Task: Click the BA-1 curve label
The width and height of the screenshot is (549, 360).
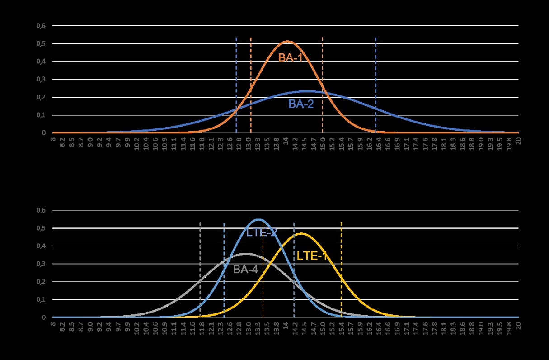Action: coord(290,57)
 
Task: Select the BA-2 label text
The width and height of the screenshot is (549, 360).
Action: coord(301,104)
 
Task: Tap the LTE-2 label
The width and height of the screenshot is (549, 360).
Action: coord(262,233)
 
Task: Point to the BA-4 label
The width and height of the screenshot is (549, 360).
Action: coord(245,270)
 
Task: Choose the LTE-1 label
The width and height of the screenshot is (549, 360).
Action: coord(312,256)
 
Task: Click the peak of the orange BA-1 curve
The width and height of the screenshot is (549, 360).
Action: coord(287,42)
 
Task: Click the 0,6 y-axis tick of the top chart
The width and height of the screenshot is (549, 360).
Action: coord(41,26)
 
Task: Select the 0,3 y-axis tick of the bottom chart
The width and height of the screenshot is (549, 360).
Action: coord(41,264)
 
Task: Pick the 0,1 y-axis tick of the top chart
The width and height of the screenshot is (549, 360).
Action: coord(41,115)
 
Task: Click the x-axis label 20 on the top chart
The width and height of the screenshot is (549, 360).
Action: coord(519,140)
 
